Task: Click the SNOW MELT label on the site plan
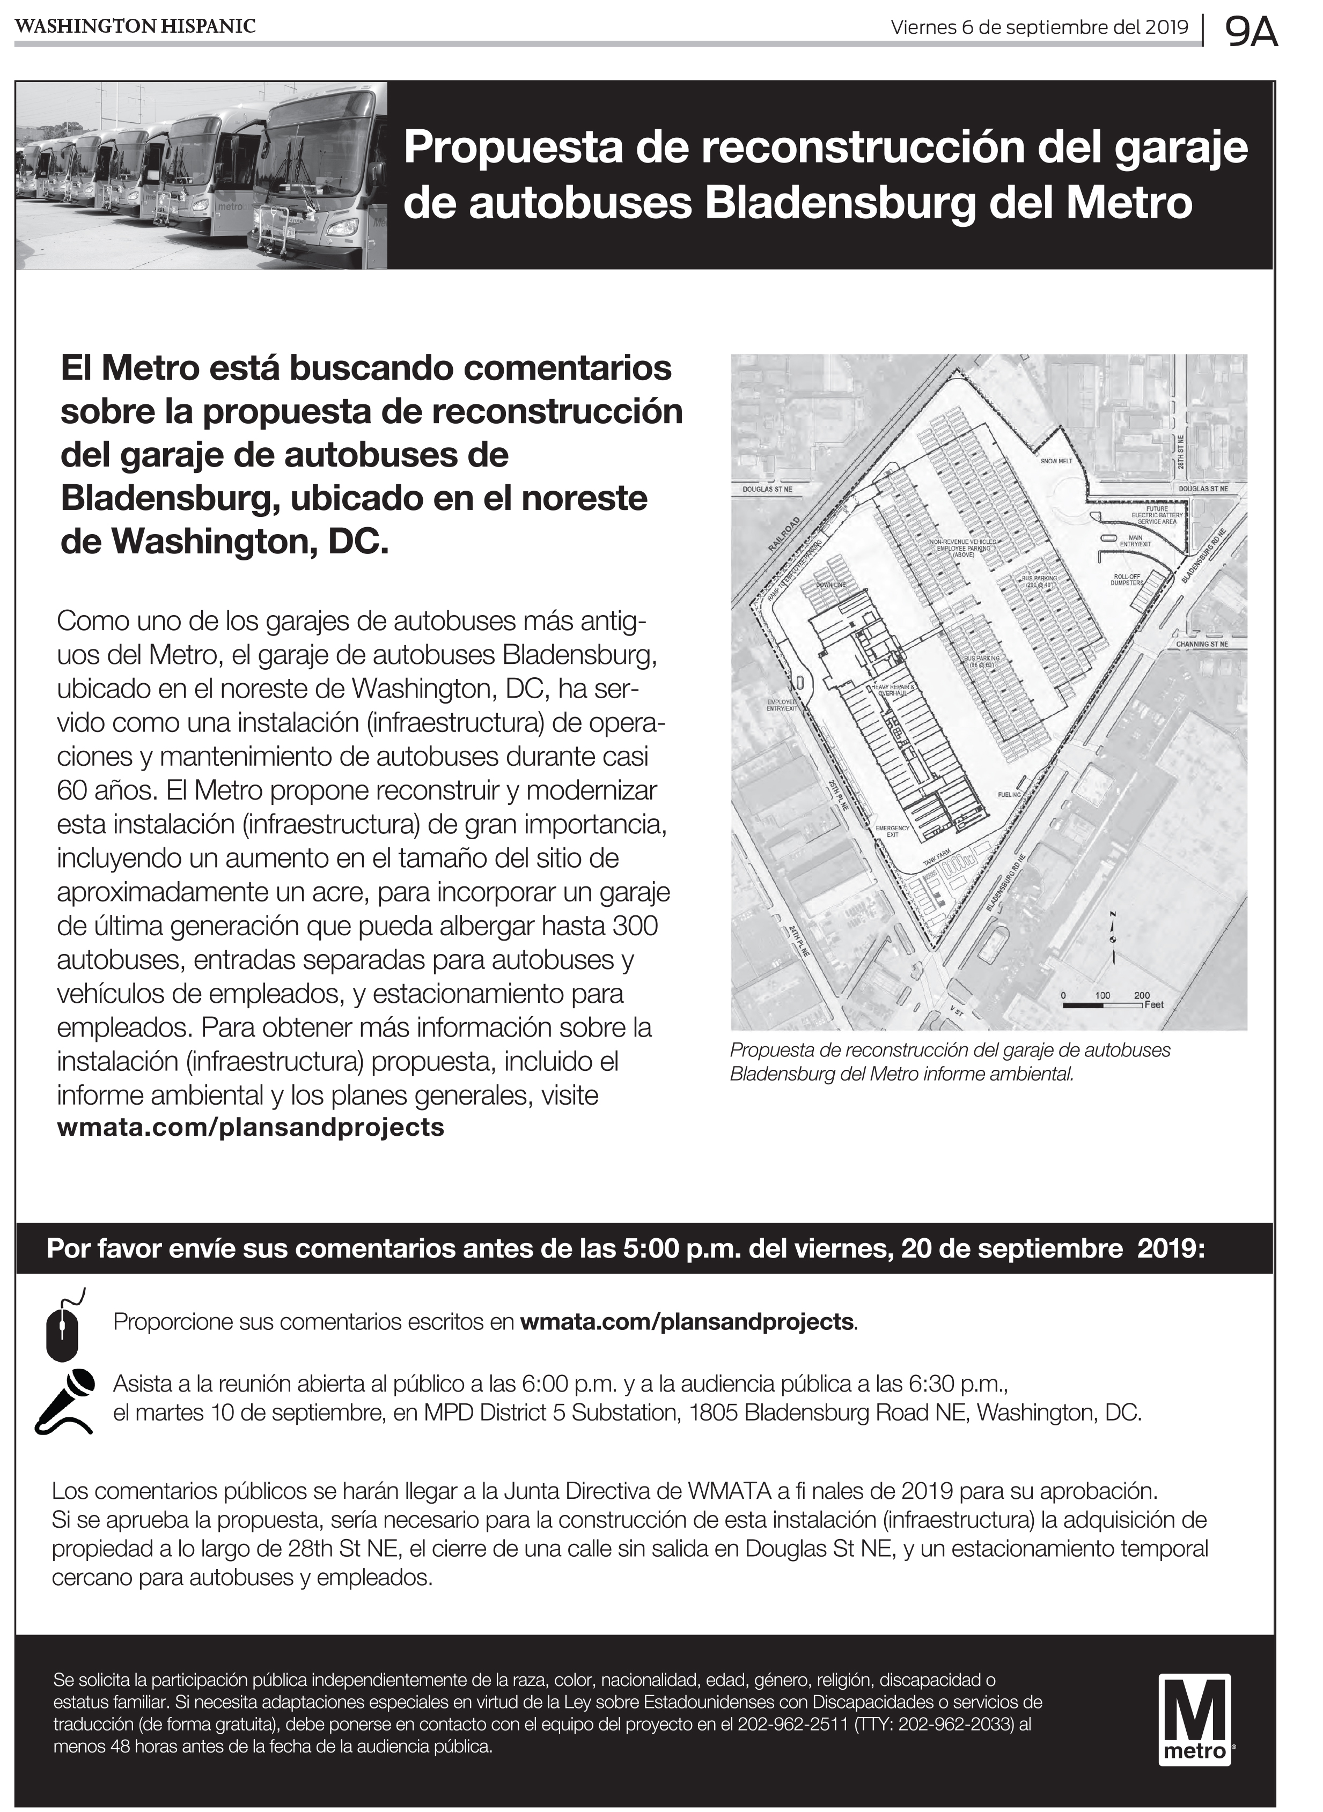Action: pyautogui.click(x=1055, y=461)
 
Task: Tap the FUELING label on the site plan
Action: pyautogui.click(x=1010, y=795)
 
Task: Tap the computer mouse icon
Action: pyautogui.click(x=62, y=1326)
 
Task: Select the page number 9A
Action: pyautogui.click(x=1251, y=33)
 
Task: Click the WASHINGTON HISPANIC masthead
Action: pyautogui.click(x=135, y=26)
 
